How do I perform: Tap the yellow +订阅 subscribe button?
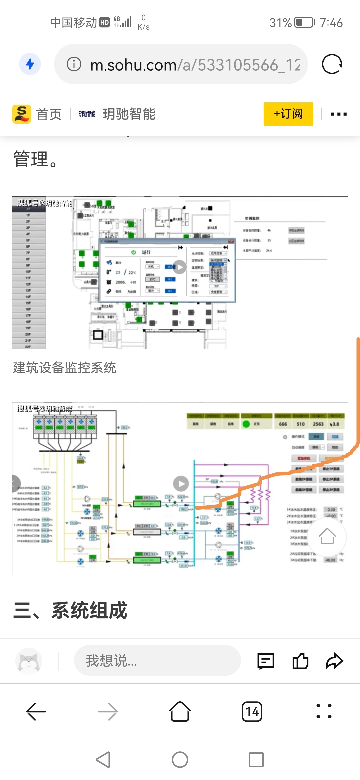click(288, 114)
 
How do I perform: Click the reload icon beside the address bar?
click(332, 64)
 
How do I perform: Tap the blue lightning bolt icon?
click(30, 64)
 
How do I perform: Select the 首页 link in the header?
click(49, 114)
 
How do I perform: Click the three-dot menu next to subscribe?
click(338, 114)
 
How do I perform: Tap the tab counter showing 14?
click(252, 712)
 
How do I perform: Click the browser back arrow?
click(36, 712)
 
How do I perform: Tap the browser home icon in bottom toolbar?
click(180, 712)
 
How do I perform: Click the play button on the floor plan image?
click(179, 267)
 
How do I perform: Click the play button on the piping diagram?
click(181, 484)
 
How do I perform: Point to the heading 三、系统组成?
click(70, 610)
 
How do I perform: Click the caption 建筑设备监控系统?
click(65, 368)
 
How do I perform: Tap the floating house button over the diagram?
click(327, 536)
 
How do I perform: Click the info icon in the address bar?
click(74, 64)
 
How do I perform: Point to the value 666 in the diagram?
click(283, 424)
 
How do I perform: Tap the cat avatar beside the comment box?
click(29, 661)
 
